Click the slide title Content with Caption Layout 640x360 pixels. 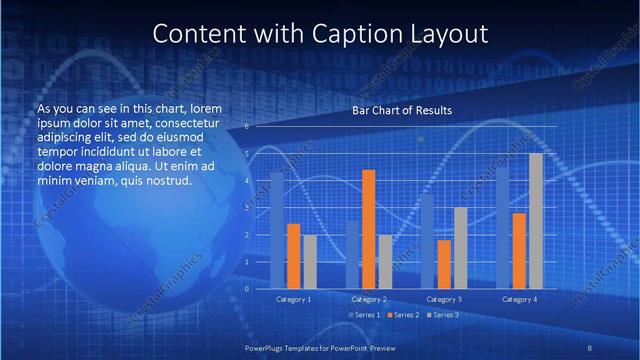(320, 33)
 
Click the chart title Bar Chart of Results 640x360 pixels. (402, 110)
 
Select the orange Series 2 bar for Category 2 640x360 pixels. (368, 229)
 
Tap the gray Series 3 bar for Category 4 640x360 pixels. (536, 221)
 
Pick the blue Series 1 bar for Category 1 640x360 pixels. (277, 230)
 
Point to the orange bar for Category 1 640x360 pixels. (293, 256)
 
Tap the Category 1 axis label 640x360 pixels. (293, 299)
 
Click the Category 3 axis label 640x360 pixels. (444, 299)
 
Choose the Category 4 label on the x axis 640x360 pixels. (519, 299)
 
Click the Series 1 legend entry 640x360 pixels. (364, 315)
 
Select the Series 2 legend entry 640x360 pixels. (403, 315)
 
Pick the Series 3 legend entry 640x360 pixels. (442, 315)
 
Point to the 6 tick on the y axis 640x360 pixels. (246, 127)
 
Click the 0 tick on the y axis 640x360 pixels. (246, 288)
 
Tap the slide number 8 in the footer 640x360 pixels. (590, 346)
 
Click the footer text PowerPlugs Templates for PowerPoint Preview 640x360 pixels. (319, 346)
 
